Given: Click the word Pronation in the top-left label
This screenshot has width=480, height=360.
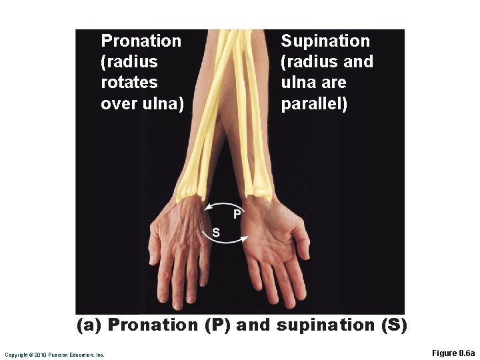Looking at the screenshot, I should (141, 41).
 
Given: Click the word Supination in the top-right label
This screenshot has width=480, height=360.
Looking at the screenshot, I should (325, 41).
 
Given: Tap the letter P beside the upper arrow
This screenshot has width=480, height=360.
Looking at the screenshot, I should (236, 215).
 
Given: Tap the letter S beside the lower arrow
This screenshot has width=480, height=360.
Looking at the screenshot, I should (215, 232).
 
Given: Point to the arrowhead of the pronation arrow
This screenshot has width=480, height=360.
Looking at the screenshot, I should (209, 207).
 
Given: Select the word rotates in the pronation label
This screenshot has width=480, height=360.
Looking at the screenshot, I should (129, 83).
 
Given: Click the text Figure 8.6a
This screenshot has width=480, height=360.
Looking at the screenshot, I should (453, 353).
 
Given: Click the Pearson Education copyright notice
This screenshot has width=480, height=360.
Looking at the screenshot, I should (54, 355).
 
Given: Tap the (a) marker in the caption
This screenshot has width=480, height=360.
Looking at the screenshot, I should (89, 325).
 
